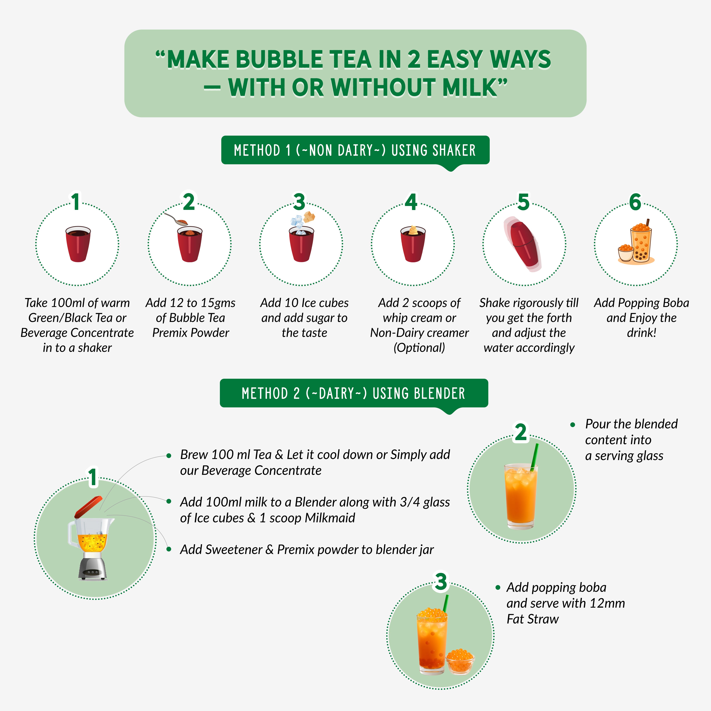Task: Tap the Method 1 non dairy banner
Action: pyautogui.click(x=355, y=150)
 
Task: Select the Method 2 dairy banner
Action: pyautogui.click(x=354, y=393)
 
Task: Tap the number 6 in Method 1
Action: pyautogui.click(x=635, y=202)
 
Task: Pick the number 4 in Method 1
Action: pyautogui.click(x=411, y=202)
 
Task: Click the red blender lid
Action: pyautogui.click(x=88, y=507)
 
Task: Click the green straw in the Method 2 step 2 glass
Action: pyautogui.click(x=534, y=456)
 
